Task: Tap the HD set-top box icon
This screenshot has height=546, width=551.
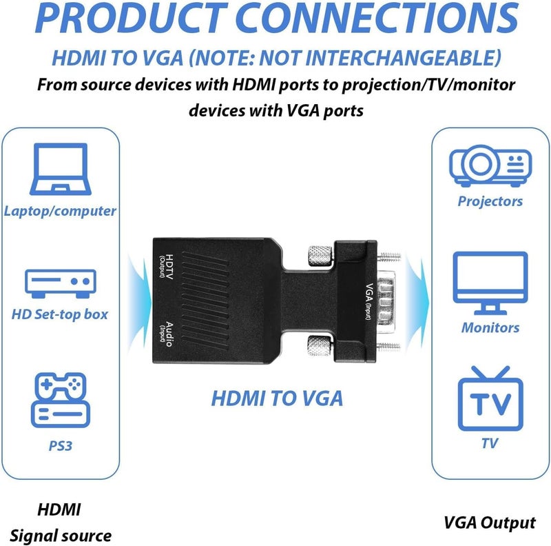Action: pos(60,281)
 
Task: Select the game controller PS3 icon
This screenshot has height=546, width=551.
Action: pos(60,401)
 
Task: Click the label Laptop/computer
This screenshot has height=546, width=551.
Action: pos(60,211)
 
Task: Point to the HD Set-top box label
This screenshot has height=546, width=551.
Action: pos(60,314)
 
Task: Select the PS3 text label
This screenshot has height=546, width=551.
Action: pos(60,445)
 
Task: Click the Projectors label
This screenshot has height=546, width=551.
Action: pos(490,201)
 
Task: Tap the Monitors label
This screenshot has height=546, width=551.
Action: pos(490,327)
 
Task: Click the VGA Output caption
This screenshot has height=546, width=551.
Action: pos(490,523)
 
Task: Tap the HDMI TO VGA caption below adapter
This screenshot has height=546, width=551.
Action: pos(276,398)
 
